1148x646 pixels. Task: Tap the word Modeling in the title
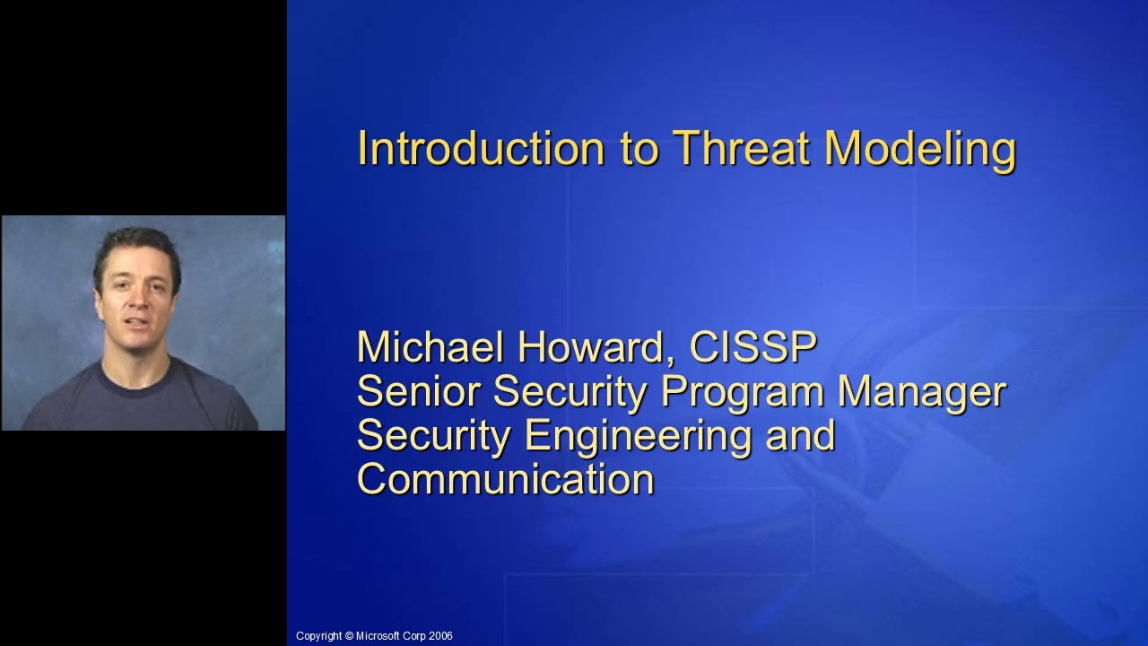click(x=920, y=150)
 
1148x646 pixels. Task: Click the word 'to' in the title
click(x=639, y=150)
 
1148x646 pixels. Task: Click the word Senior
click(x=419, y=391)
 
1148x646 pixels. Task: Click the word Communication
click(x=505, y=478)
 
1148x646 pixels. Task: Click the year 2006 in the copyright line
click(x=440, y=636)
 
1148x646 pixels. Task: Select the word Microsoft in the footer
click(x=378, y=636)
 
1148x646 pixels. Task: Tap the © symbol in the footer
click(x=349, y=636)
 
